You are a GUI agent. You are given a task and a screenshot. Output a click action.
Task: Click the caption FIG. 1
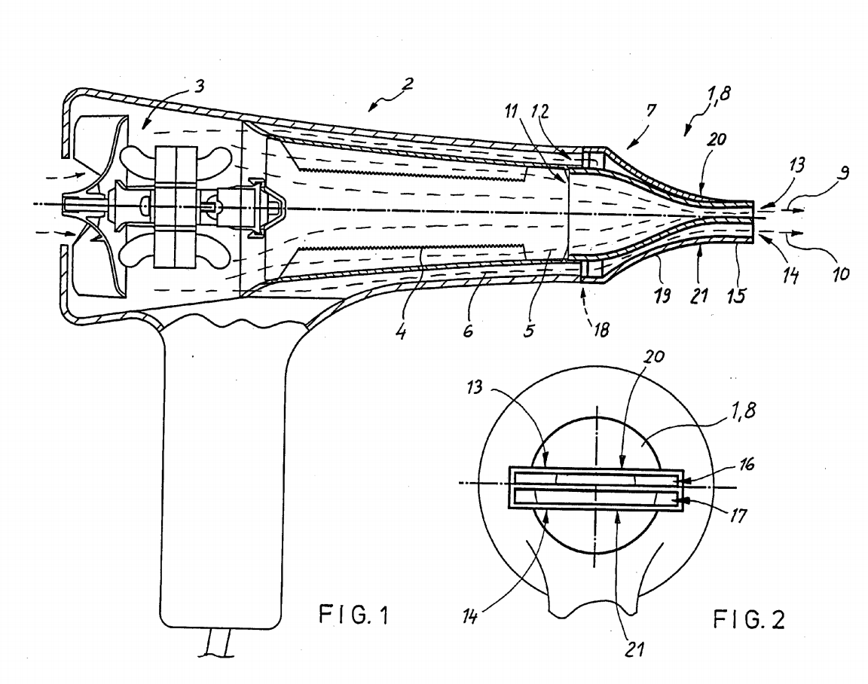[x=354, y=615]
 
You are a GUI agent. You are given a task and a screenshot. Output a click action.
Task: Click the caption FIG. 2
[x=749, y=618]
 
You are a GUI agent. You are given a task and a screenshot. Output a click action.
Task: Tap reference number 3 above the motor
[x=200, y=87]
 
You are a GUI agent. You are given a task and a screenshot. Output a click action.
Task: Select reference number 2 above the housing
[x=408, y=84]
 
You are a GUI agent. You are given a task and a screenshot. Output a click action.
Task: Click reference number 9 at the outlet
[x=843, y=176]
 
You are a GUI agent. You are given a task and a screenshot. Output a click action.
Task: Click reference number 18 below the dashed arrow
[x=601, y=330]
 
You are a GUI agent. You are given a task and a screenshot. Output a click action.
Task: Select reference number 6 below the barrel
[x=469, y=331]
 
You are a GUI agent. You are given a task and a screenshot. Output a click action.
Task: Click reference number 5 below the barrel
[x=529, y=331]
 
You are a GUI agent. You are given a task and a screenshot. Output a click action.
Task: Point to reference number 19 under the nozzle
[x=662, y=295]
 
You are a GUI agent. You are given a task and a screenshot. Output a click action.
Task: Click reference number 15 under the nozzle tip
[x=736, y=296]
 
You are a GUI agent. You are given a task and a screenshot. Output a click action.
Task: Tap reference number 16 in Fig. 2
[x=747, y=464]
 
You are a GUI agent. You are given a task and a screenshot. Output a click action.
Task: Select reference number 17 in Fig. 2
[x=739, y=516]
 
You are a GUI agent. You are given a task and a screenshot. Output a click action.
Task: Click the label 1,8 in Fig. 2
[x=744, y=411]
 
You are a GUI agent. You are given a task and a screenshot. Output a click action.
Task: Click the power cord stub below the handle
[x=216, y=643]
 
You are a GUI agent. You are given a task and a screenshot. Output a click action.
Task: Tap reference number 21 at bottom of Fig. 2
[x=635, y=649]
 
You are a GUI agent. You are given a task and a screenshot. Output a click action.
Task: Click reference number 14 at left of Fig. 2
[x=470, y=616]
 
